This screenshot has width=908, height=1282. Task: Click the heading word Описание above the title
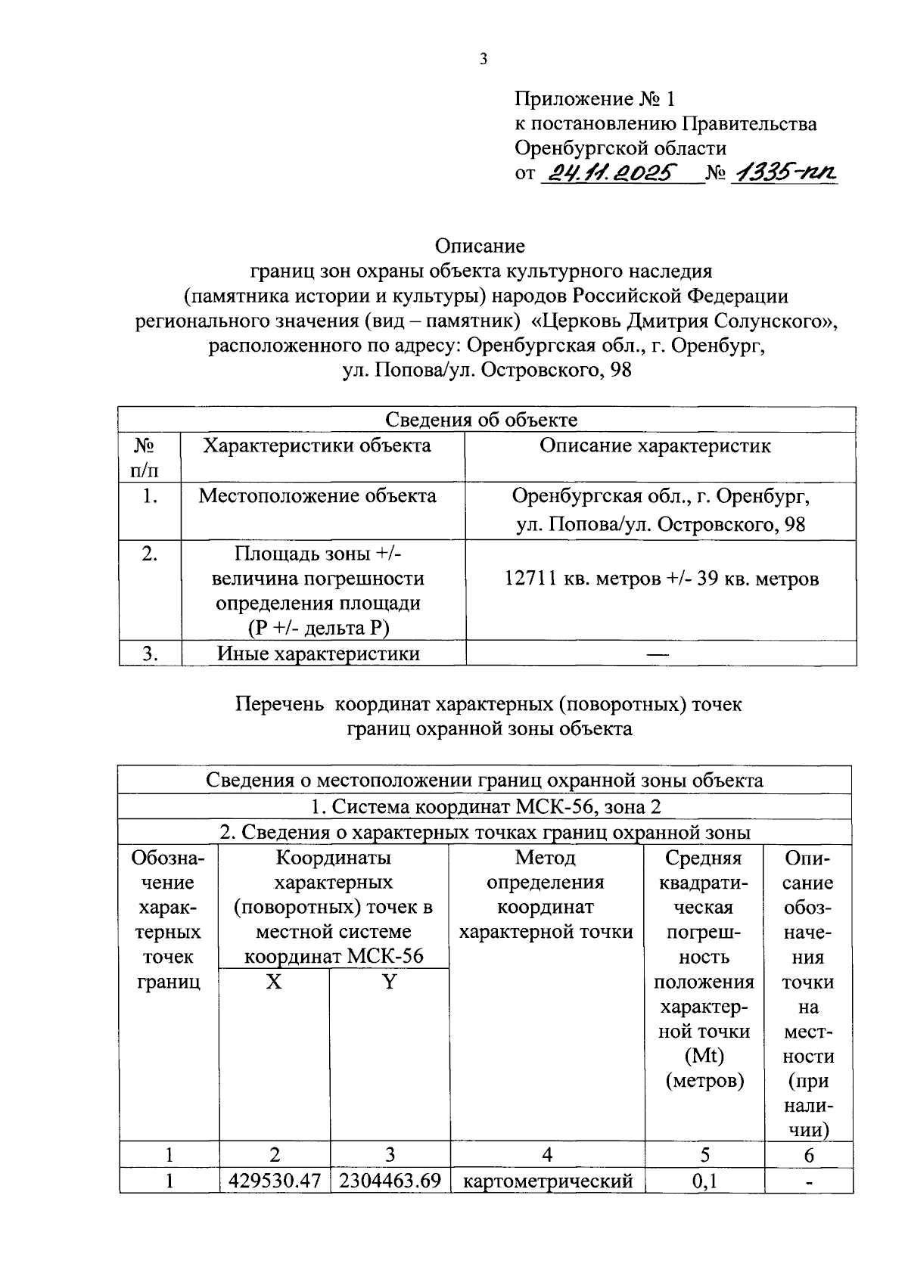480,247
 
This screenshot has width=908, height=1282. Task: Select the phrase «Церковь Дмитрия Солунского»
685,321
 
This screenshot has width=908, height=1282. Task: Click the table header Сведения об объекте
481,420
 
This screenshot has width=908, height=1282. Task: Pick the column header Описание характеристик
655,446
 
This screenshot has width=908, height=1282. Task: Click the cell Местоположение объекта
317,496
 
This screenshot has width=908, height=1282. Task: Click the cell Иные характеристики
319,653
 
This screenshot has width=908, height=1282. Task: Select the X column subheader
274,982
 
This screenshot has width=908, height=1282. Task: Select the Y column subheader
389,982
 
